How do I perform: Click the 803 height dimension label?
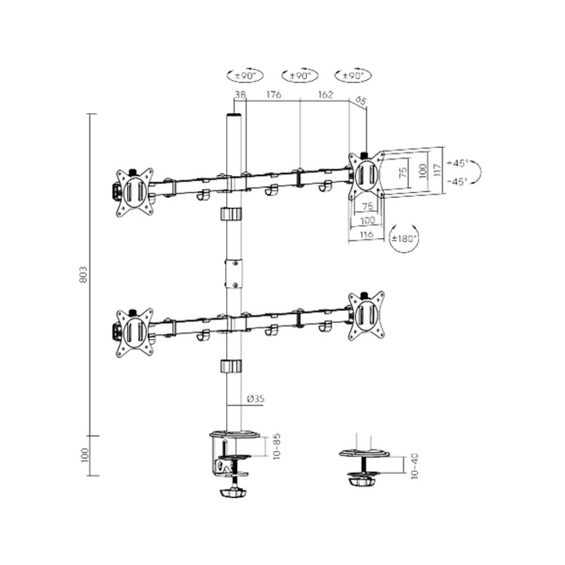[84, 274]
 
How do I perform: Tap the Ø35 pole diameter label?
[254, 398]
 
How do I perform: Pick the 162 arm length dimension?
[325, 94]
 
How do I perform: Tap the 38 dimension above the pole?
[240, 94]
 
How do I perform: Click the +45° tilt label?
[459, 161]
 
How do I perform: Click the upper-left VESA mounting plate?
[132, 186]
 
